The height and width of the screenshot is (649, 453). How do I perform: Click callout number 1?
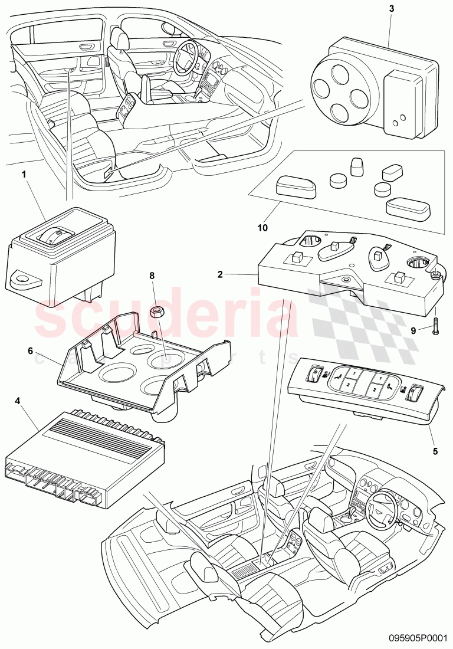click(24, 175)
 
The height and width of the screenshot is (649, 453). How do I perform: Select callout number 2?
click(219, 274)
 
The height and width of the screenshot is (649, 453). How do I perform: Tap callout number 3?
click(391, 9)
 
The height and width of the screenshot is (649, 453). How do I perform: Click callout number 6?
click(30, 350)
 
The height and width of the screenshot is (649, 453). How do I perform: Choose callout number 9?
click(414, 331)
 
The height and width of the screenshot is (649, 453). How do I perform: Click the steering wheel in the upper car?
click(190, 55)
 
